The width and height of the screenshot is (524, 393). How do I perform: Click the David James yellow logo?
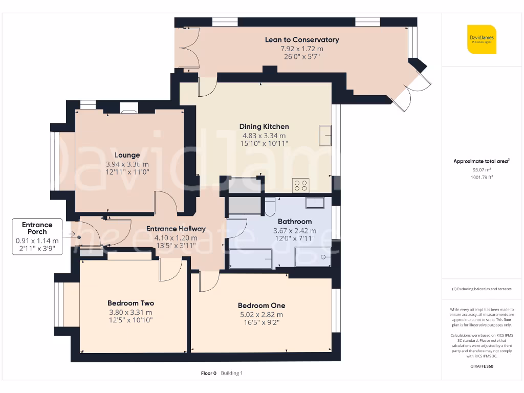(482, 39)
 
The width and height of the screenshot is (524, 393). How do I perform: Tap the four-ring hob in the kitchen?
(300, 186)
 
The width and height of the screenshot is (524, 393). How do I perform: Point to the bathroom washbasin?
(315, 203)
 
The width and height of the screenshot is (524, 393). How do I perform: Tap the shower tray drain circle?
(323, 257)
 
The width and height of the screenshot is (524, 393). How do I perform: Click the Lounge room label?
(127, 155)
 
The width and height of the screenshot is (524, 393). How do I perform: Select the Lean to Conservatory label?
(302, 39)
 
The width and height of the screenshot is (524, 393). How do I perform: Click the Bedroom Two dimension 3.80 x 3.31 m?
(130, 313)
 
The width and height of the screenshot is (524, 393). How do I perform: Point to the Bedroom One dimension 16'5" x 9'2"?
(261, 322)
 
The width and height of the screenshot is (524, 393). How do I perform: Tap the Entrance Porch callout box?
(37, 237)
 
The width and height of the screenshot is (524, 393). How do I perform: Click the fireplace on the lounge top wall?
(128, 107)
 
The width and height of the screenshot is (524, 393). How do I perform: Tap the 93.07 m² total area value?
(481, 169)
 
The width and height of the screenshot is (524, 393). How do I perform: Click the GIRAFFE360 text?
(481, 366)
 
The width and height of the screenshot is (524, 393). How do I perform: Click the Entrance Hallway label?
(176, 229)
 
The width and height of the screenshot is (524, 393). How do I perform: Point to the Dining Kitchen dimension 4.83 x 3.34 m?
(264, 136)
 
